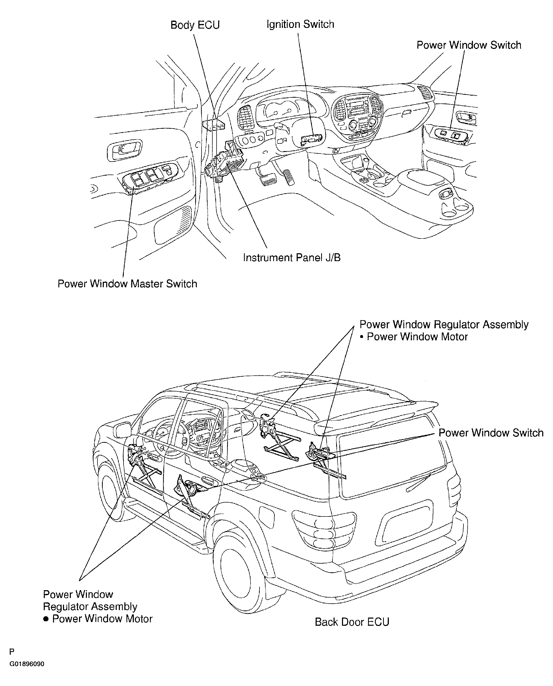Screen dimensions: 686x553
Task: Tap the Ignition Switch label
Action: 300,24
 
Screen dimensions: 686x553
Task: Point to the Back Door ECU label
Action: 352,622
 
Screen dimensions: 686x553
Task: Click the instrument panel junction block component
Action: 224,161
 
